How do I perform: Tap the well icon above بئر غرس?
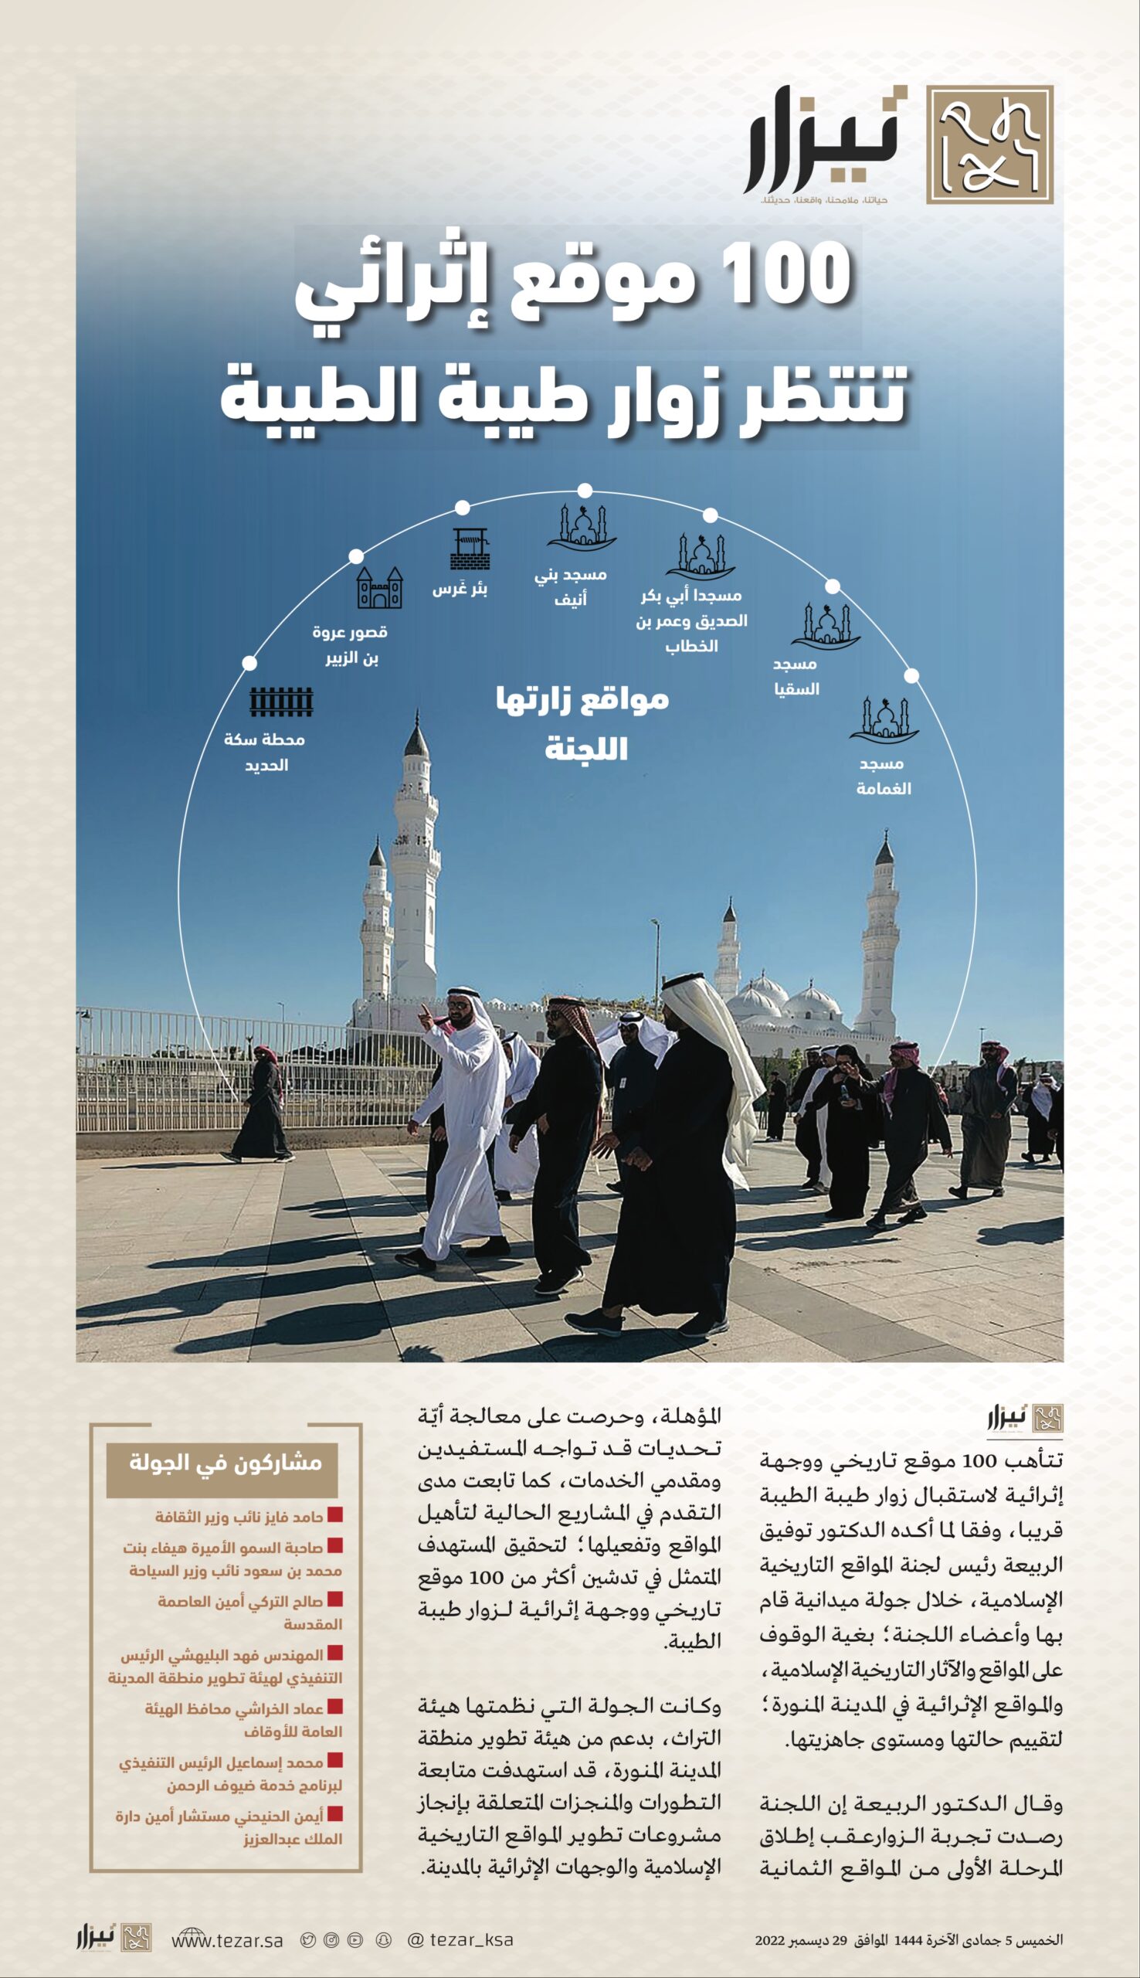point(470,549)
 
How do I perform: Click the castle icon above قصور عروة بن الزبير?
point(380,588)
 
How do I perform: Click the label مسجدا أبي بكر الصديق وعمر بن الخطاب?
point(691,621)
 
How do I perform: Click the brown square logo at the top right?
point(989,144)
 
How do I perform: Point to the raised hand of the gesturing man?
point(423,1011)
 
